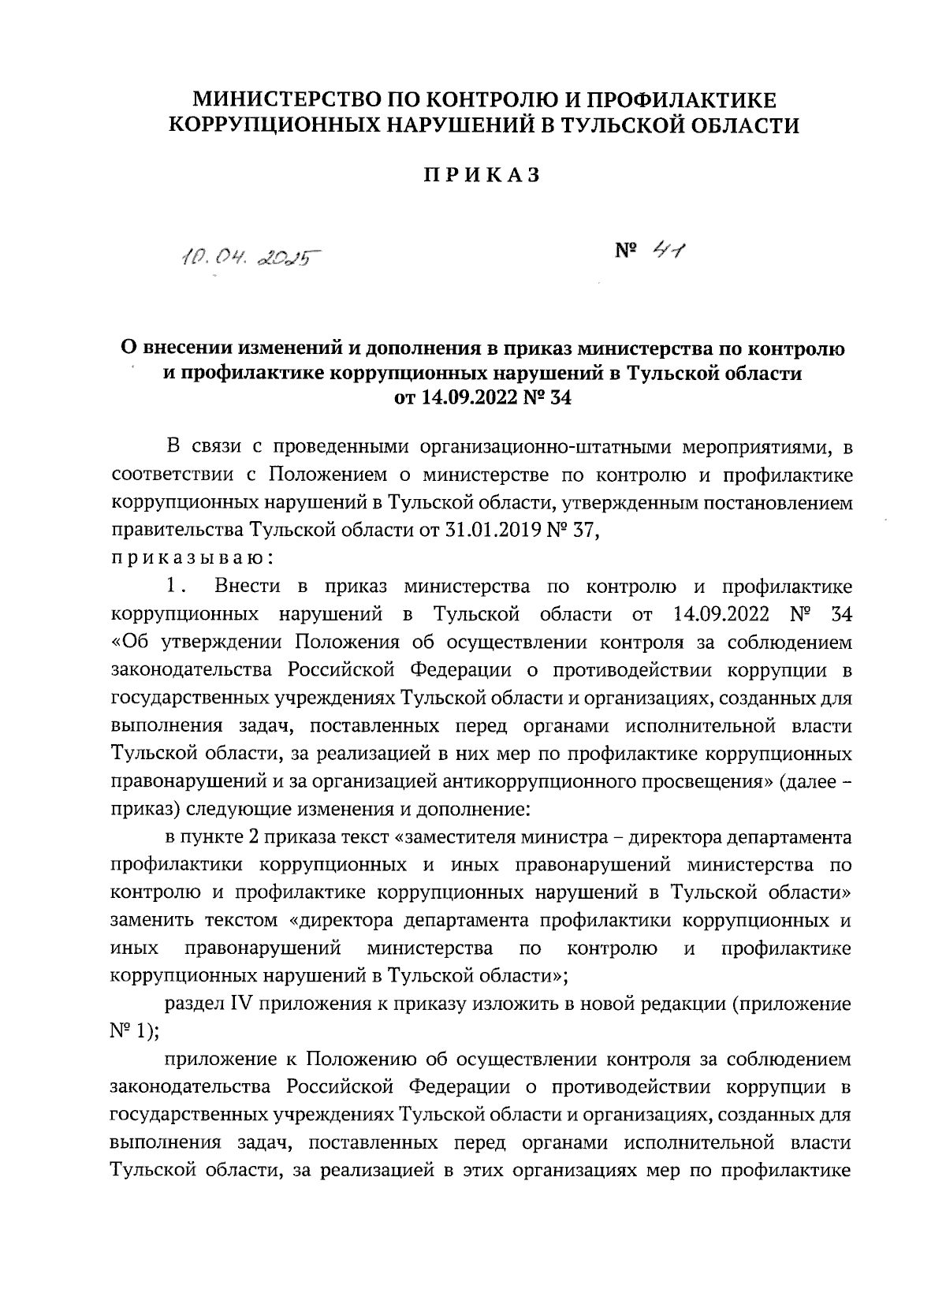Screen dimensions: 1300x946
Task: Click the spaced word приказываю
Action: (192, 557)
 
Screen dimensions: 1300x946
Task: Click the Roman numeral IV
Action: (240, 1004)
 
